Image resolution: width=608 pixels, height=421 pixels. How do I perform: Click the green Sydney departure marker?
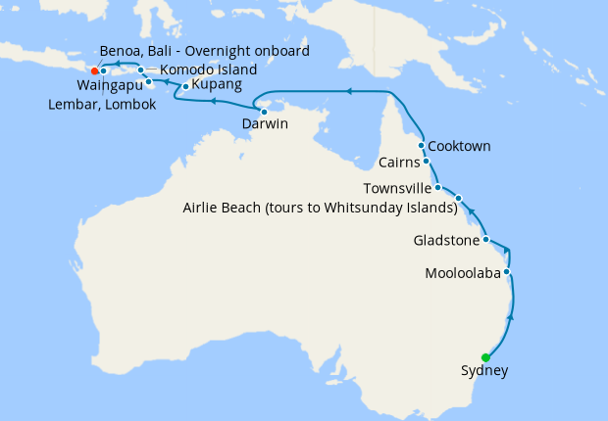485,357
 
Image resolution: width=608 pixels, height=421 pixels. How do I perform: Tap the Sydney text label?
484,371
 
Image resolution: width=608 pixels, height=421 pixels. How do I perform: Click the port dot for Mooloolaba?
507,271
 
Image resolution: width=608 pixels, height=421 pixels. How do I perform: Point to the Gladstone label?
446,240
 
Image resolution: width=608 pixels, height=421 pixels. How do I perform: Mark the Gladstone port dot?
486,239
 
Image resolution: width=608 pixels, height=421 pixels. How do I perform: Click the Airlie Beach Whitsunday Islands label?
321,208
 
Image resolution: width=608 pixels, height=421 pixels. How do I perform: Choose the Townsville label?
397,187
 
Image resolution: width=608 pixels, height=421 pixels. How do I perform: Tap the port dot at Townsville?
437,187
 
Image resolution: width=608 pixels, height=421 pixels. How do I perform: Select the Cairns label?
400,163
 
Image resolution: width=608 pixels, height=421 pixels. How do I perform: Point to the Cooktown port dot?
422,145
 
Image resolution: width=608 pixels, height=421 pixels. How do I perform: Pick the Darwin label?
265,124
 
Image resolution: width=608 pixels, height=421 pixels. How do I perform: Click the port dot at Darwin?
264,112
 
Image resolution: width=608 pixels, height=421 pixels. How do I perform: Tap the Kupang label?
217,85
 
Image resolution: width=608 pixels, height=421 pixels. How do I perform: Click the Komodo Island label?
208,70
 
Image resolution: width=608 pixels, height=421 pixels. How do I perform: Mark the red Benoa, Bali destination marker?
94,70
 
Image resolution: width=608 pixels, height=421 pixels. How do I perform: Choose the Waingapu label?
108,85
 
